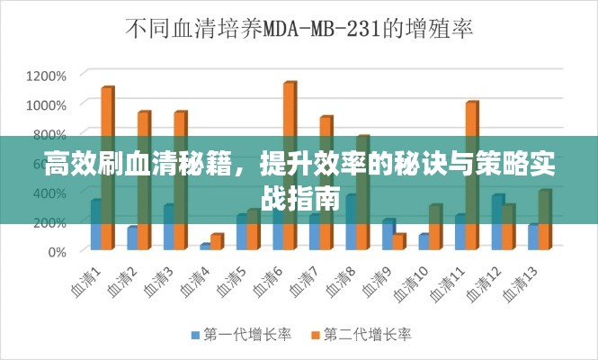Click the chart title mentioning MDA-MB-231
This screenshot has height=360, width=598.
click(x=298, y=29)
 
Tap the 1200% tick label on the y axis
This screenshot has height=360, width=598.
click(x=46, y=75)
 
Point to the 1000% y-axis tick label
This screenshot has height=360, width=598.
click(x=46, y=104)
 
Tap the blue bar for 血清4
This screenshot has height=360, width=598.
click(x=206, y=247)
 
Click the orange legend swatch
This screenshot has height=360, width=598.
click(x=316, y=335)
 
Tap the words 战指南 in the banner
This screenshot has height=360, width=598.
click(x=299, y=198)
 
